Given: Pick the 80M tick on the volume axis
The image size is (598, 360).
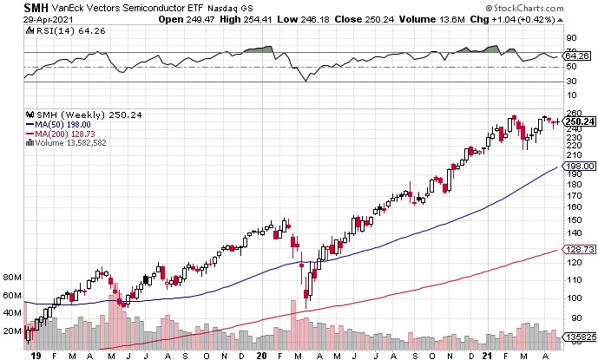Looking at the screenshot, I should click(11, 278).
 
